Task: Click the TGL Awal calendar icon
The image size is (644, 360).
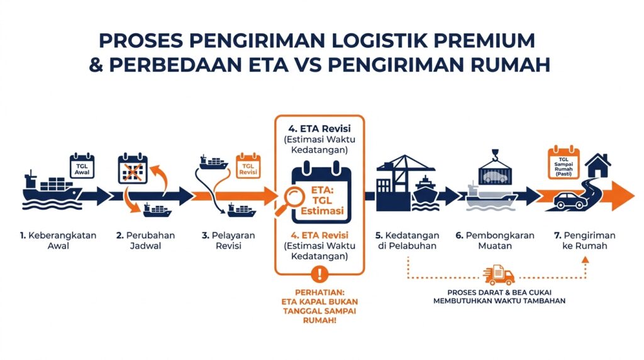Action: coord(82,166)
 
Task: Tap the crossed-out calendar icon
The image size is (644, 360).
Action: coord(133,169)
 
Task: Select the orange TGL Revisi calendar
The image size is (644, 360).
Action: coord(248,166)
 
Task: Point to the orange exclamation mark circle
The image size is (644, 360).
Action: coord(319,274)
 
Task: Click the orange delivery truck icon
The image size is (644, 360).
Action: coord(499,275)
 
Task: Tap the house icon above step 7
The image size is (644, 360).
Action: coord(598,165)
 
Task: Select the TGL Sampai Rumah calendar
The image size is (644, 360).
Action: coord(563,163)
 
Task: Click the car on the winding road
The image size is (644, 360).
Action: coord(570,201)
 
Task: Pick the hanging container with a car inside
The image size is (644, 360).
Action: coord(497,173)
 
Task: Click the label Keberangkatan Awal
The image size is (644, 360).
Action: coord(58,241)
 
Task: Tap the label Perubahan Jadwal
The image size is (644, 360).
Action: coord(145,241)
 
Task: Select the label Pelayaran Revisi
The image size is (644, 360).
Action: coord(228,241)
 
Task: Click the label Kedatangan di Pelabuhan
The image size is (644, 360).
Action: coord(407,241)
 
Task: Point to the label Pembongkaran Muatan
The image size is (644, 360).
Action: coord(495,241)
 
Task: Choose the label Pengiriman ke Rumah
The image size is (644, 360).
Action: coord(584,241)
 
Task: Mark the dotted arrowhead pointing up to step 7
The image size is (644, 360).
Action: coord(586,260)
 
